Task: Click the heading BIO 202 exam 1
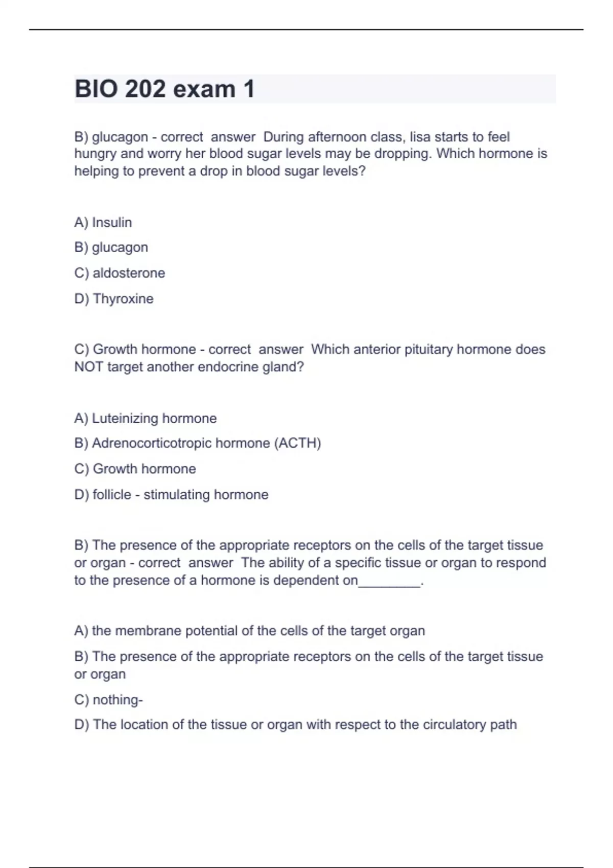pyautogui.click(x=164, y=89)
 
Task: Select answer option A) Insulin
pyautogui.click(x=103, y=223)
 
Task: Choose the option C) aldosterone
pyautogui.click(x=120, y=273)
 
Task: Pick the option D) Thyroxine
pyautogui.click(x=114, y=299)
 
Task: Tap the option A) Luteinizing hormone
pyautogui.click(x=146, y=419)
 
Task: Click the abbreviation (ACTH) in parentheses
pyautogui.click(x=298, y=443)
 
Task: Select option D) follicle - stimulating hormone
pyautogui.click(x=171, y=495)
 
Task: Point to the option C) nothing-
pyautogui.click(x=108, y=700)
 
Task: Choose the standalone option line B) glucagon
pyautogui.click(x=111, y=248)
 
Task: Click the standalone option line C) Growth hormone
pyautogui.click(x=135, y=469)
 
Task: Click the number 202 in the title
pyautogui.click(x=145, y=89)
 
